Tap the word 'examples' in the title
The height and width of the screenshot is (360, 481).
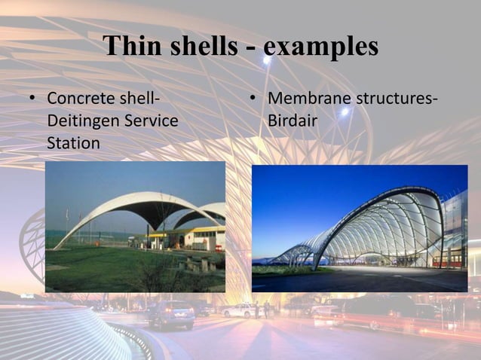[321, 47]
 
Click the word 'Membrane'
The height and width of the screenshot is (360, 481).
[306, 99]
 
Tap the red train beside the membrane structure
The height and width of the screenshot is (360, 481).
[449, 261]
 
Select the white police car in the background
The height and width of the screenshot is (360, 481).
[240, 310]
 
